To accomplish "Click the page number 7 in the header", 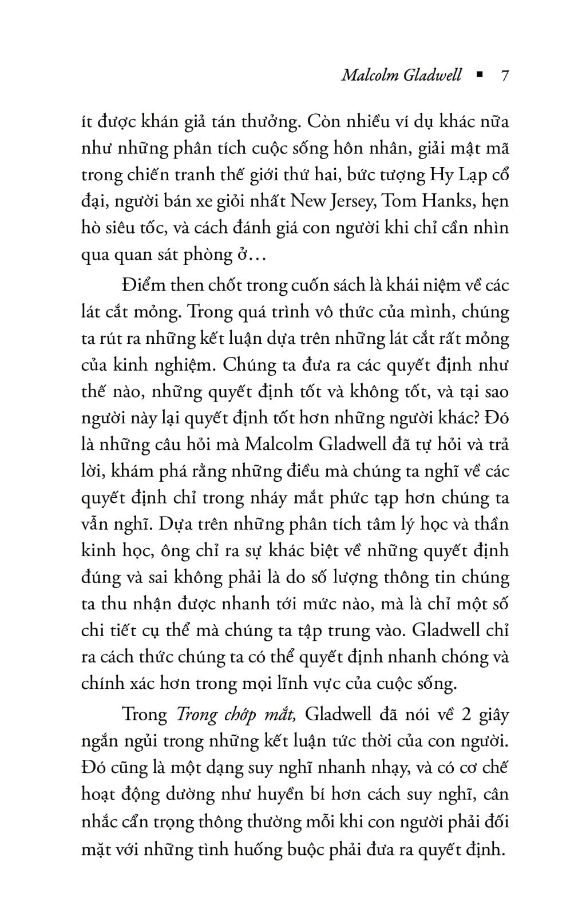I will [504, 76].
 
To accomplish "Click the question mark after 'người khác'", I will [475, 418].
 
